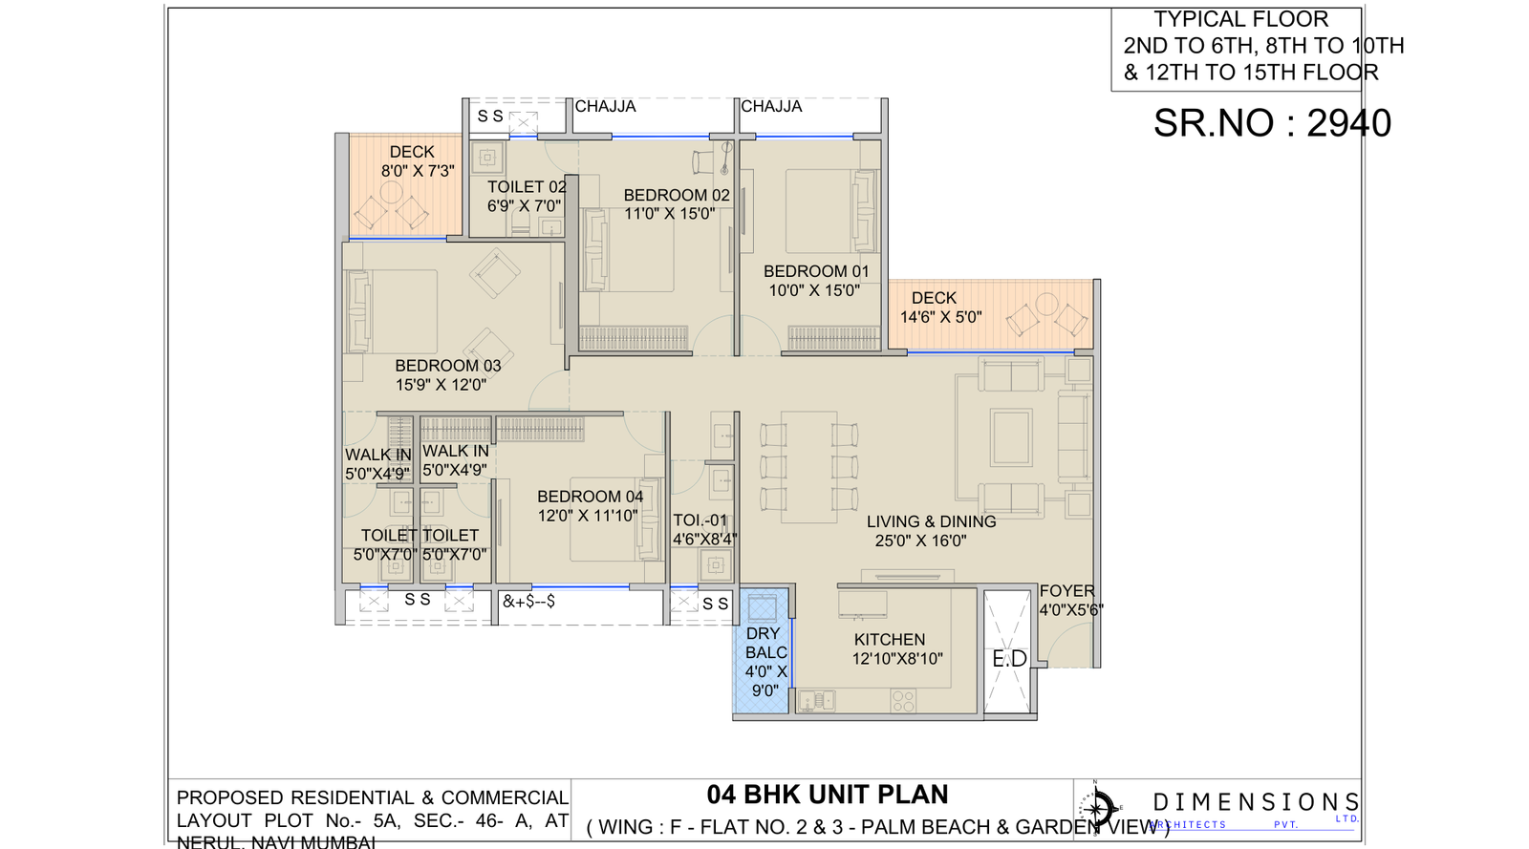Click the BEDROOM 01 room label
816,271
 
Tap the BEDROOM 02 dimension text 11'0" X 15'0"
669,214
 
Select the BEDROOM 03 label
447,366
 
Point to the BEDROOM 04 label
590,497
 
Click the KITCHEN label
890,640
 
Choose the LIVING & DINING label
931,521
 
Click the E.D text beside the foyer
1009,659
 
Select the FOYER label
1066,591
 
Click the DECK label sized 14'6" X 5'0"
934,298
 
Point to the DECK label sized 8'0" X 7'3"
412,152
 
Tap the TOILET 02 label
526,187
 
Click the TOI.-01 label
700,520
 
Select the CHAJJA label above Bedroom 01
771,106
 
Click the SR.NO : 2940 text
1271,123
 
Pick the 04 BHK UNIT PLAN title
828,795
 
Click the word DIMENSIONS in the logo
1256,802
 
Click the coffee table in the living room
1011,436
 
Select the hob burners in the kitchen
903,701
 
